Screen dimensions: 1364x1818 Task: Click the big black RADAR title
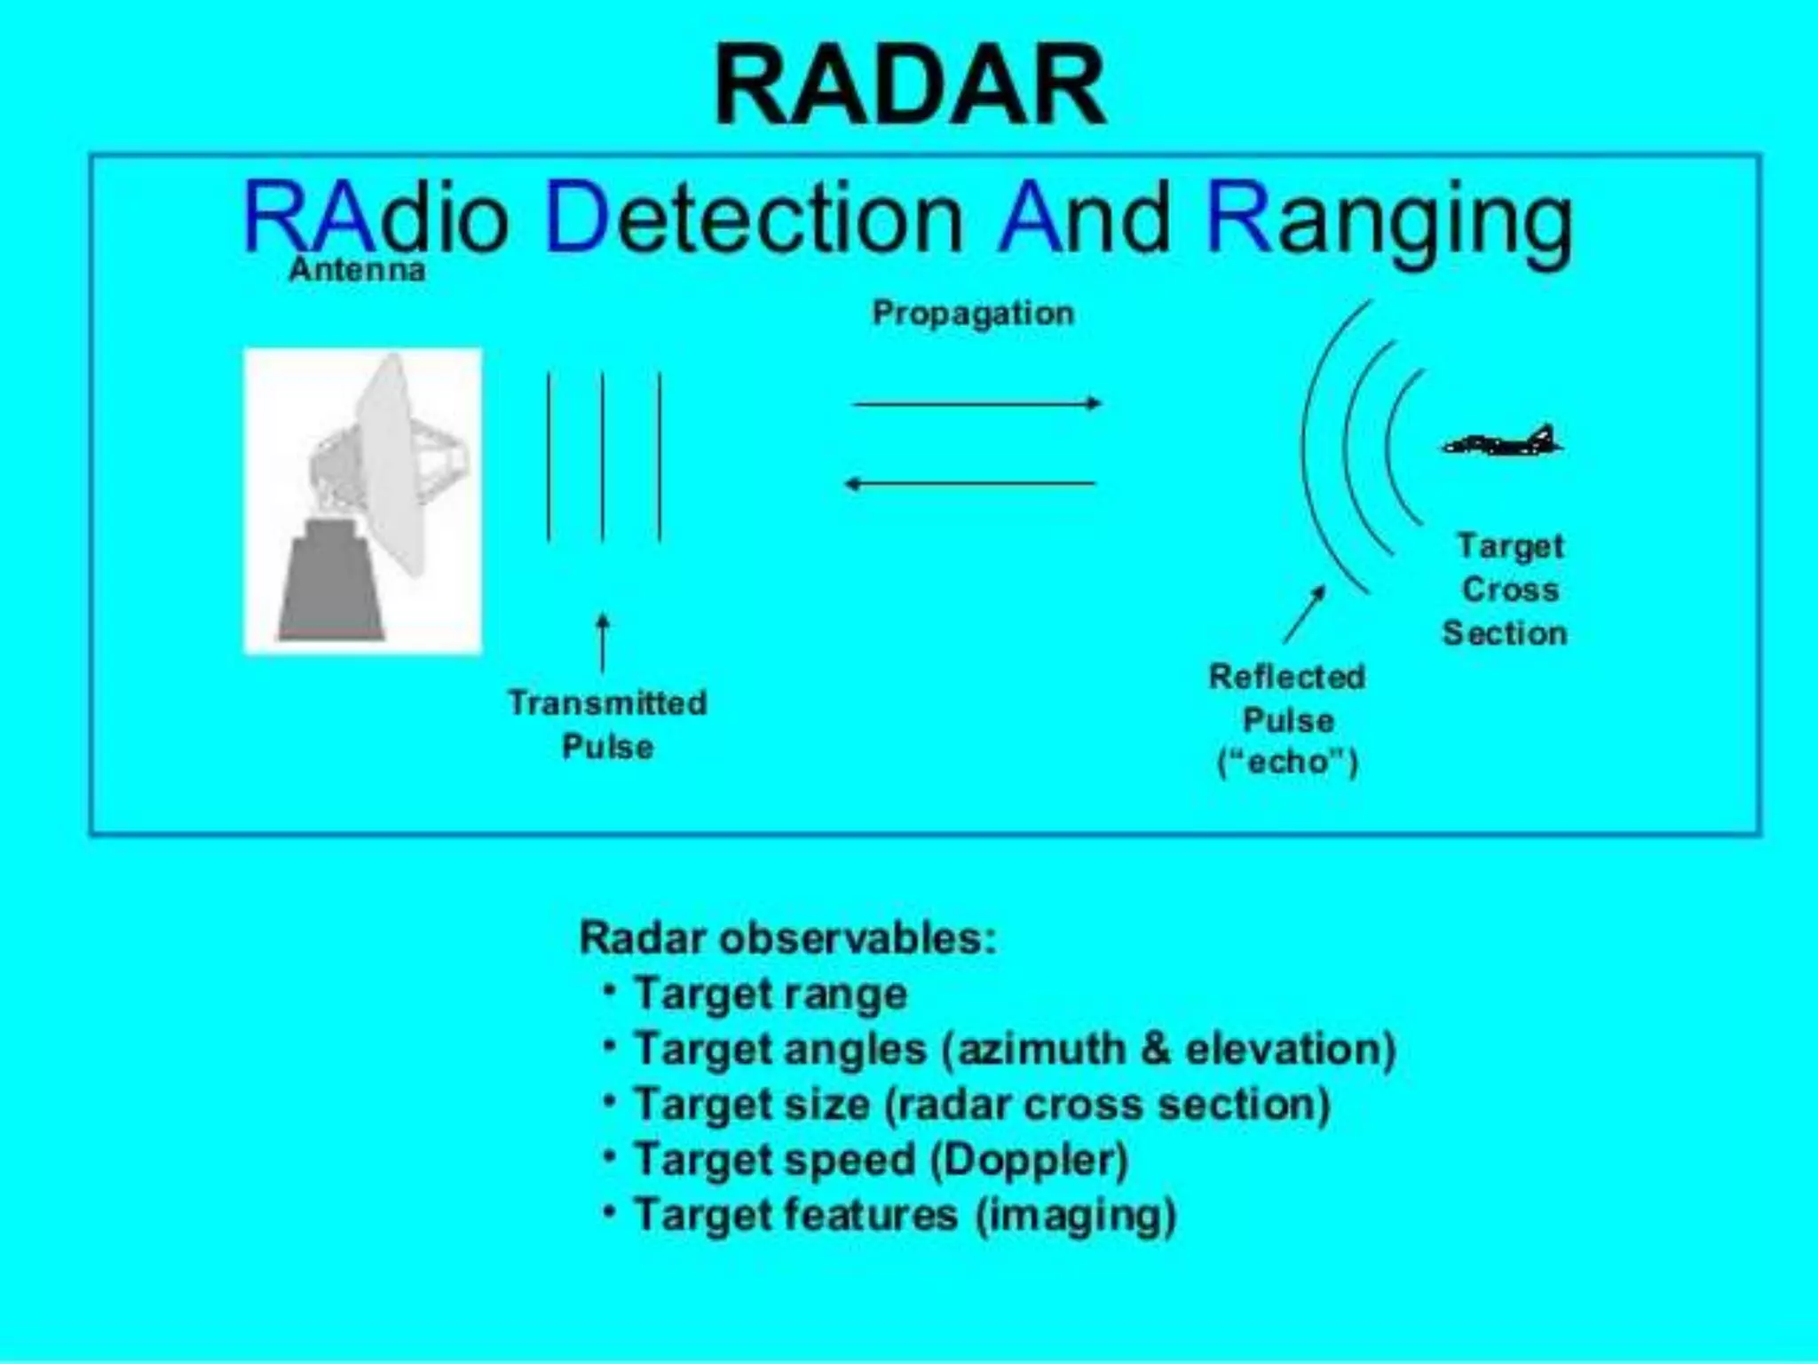910,87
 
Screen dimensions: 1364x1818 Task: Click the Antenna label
357,269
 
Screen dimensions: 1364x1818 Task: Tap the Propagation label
973,313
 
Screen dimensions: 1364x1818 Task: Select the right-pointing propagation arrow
976,403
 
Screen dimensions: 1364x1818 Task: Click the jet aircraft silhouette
1503,441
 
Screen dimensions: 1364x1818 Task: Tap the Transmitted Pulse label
608,724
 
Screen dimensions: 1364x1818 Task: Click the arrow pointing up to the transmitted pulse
603,642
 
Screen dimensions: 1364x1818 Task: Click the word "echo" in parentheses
1287,762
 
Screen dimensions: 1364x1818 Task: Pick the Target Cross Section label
1506,589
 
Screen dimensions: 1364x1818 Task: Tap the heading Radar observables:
787,938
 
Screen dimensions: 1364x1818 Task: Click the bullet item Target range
770,993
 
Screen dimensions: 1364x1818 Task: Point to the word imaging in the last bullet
1076,1215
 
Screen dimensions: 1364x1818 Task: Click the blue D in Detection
576,218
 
